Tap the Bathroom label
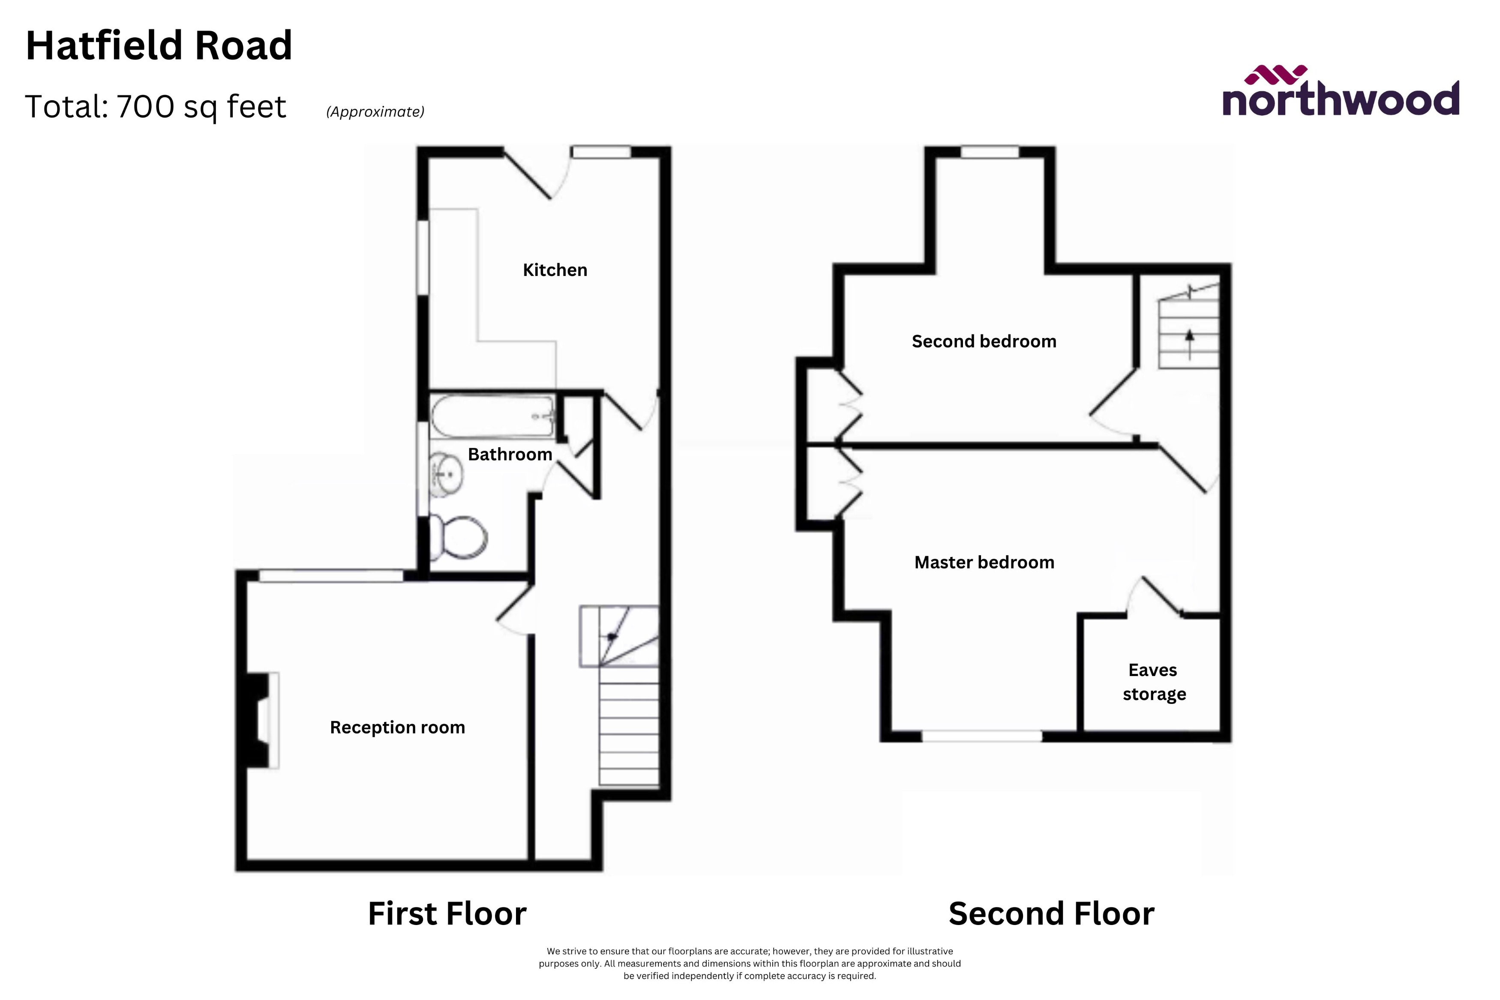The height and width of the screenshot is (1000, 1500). click(x=510, y=454)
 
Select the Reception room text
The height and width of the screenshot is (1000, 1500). click(x=397, y=727)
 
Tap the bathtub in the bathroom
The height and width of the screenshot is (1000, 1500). click(x=491, y=417)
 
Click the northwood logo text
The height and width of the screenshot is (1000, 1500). click(x=1341, y=99)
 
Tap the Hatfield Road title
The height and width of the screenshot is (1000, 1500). click(x=159, y=46)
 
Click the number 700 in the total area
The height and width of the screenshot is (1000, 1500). click(x=145, y=107)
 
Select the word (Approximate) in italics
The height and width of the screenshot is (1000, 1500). click(x=375, y=111)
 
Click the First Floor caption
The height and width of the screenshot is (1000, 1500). click(x=447, y=913)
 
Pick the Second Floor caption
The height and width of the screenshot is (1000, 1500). click(x=1051, y=913)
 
